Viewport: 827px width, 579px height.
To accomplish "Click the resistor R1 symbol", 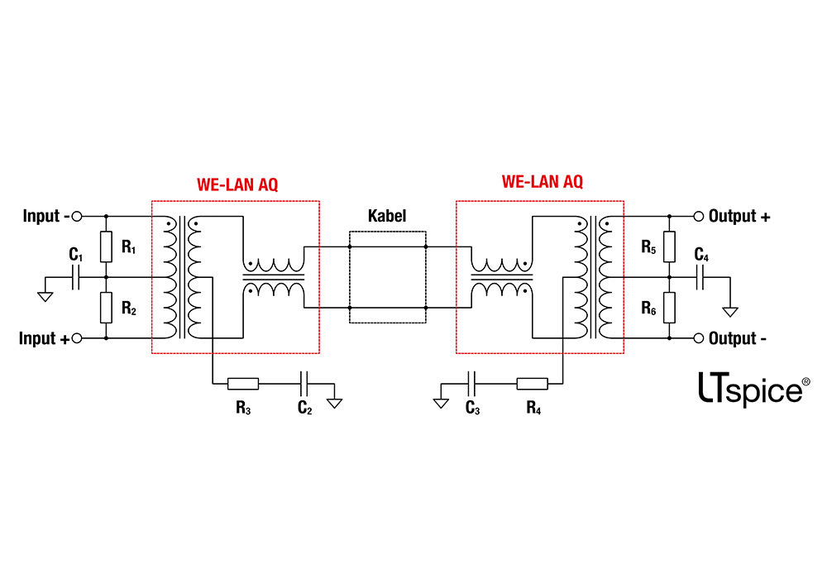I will tap(106, 246).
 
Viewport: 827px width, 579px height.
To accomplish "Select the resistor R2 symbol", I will tap(106, 308).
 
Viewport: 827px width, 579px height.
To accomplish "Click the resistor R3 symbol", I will tap(243, 383).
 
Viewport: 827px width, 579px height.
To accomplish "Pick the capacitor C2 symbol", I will tap(304, 383).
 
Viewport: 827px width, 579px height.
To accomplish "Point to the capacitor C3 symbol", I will tap(471, 383).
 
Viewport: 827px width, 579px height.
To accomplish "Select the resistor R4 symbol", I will tap(532, 383).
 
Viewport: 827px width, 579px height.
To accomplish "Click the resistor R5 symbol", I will tap(669, 246).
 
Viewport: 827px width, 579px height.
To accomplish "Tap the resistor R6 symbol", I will tap(669, 308).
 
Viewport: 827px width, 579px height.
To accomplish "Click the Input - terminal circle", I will tap(77, 217).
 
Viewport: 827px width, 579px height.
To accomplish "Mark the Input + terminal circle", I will tap(77, 338).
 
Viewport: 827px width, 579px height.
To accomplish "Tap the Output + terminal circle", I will tap(698, 217).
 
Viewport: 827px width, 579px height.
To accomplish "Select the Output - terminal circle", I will tap(698, 338).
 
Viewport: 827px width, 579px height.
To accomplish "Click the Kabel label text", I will tap(387, 216).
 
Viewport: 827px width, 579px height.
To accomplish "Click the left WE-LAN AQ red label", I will tap(237, 184).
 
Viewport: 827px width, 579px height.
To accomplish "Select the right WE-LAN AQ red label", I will tap(543, 182).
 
